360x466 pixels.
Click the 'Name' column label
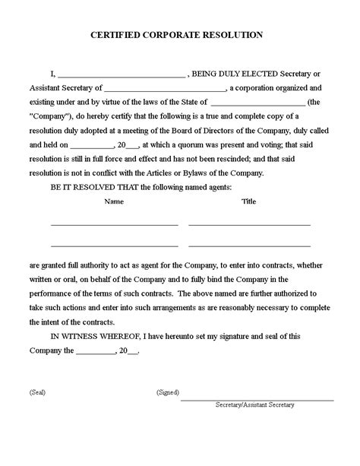tap(113, 201)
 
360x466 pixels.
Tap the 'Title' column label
tap(249, 201)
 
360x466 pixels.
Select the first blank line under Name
tap(114, 225)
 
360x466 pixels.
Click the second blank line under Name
tap(114, 246)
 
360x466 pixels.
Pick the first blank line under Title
tap(249, 225)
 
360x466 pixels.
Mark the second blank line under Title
tap(249, 246)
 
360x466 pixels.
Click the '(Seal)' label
tap(38, 393)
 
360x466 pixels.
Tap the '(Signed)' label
tap(167, 393)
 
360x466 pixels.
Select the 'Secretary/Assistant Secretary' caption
tap(254, 405)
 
